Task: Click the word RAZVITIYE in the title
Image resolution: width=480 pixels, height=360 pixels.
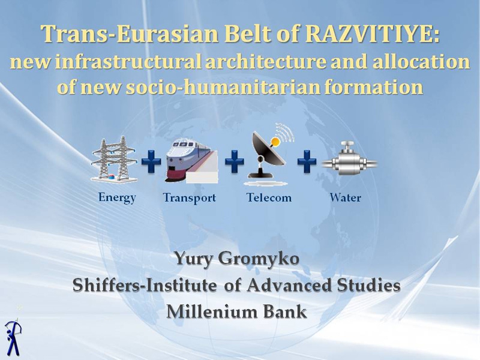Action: tap(372, 34)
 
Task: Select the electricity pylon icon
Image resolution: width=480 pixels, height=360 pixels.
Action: tap(114, 159)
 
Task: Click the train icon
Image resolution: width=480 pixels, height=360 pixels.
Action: tap(192, 161)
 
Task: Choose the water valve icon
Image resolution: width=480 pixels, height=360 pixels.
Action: tap(349, 158)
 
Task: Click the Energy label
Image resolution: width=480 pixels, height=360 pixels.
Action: tap(117, 198)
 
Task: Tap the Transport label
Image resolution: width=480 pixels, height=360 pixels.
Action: tap(190, 198)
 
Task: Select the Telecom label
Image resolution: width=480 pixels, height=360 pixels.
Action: tap(269, 198)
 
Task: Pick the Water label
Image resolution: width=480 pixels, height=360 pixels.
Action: tap(346, 198)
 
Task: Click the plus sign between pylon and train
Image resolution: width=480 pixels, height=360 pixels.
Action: tap(151, 161)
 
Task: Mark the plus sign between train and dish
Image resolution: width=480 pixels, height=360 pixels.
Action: tap(235, 161)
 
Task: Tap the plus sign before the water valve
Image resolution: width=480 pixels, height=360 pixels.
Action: tap(307, 161)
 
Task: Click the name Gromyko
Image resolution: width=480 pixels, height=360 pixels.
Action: tap(259, 259)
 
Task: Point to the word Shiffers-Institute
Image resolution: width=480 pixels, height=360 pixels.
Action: tap(144, 286)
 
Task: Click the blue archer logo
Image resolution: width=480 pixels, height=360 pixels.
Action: tap(13, 337)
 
